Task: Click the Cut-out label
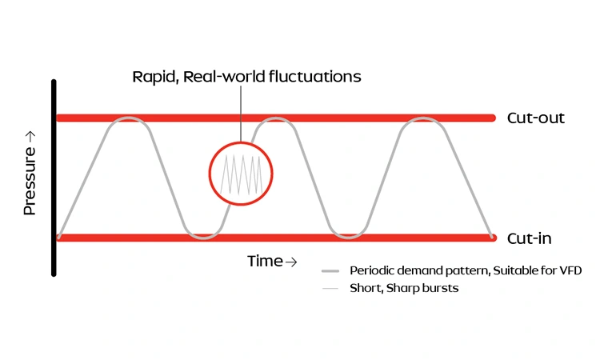pyautogui.click(x=535, y=118)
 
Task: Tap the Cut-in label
pyautogui.click(x=529, y=238)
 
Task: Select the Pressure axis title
pyautogui.click(x=30, y=179)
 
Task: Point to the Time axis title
pyautogui.click(x=265, y=262)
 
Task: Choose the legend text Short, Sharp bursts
pyautogui.click(x=404, y=288)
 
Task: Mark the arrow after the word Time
pyautogui.click(x=291, y=262)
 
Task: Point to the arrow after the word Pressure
pyautogui.click(x=30, y=138)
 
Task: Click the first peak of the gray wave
pyautogui.click(x=129, y=119)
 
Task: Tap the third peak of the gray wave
pyautogui.click(x=420, y=119)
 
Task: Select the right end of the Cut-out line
pyautogui.click(x=491, y=118)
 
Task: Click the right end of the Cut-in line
pyautogui.click(x=491, y=238)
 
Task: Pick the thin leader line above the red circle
pyautogui.click(x=240, y=112)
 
